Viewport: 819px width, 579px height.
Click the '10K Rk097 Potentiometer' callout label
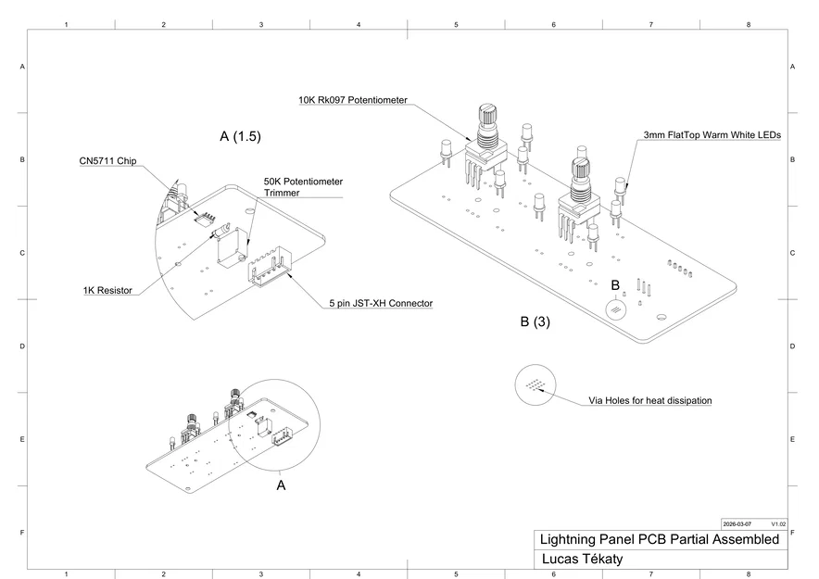point(353,100)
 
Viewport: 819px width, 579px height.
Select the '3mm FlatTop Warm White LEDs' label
point(712,135)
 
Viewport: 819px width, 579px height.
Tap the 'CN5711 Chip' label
point(107,161)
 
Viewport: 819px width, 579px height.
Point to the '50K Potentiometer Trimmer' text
point(303,186)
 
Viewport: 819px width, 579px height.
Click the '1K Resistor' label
point(107,290)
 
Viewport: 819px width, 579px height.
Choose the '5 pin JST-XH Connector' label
point(381,303)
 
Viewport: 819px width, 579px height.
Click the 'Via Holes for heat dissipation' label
point(650,401)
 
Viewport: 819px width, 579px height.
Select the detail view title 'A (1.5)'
point(240,136)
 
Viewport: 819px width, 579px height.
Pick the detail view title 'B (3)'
point(535,322)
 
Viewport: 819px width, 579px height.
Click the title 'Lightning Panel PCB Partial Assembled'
point(659,539)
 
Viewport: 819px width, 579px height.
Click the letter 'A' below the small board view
point(282,484)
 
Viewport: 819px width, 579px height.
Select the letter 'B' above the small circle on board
point(614,284)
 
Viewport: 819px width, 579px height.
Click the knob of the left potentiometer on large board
point(488,119)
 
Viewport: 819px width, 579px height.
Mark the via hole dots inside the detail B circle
point(535,384)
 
